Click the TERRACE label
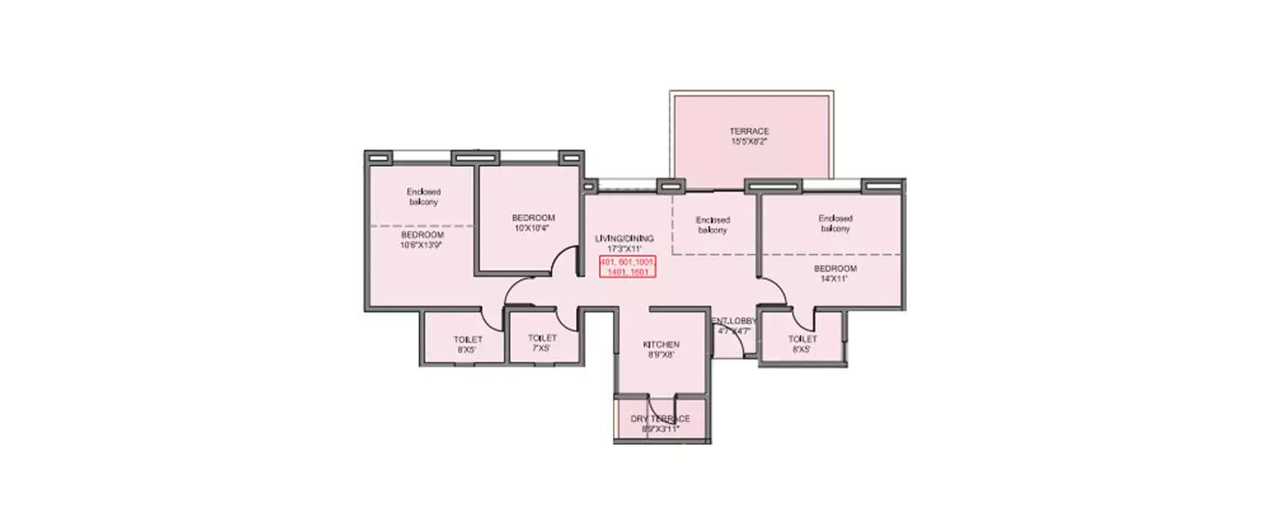coord(749,132)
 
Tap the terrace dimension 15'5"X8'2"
coord(749,142)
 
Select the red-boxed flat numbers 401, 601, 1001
coord(627,263)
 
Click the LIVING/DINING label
coord(624,239)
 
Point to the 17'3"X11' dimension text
coord(624,249)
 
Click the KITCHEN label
coord(661,345)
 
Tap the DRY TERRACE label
coord(660,419)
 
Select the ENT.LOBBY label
coord(735,321)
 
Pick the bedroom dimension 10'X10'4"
coord(531,228)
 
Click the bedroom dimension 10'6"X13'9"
coord(422,245)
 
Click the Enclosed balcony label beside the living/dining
coord(713,225)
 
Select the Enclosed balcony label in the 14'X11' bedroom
coord(835,223)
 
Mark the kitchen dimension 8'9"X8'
coord(661,355)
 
